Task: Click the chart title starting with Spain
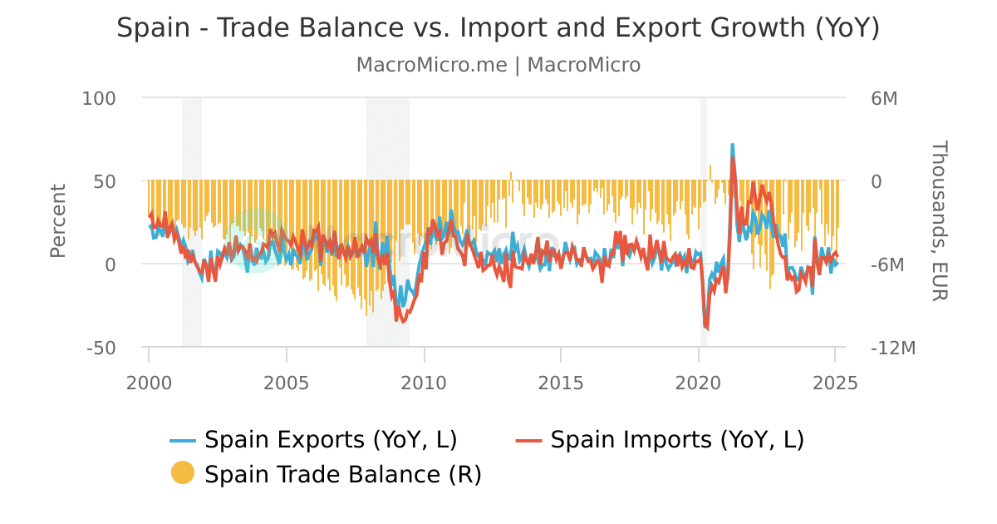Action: pyautogui.click(x=498, y=27)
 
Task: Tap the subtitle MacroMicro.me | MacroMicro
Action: pyautogui.click(x=498, y=65)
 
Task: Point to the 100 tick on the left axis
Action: pyautogui.click(x=99, y=98)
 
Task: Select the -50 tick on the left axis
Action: pyautogui.click(x=101, y=348)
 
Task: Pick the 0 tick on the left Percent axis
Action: pyautogui.click(x=111, y=264)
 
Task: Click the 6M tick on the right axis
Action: pyautogui.click(x=884, y=98)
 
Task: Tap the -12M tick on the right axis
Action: pyautogui.click(x=892, y=348)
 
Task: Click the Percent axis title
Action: pyautogui.click(x=57, y=221)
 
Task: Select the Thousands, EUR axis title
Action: pyautogui.click(x=938, y=221)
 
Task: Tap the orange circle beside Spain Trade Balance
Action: pyautogui.click(x=183, y=473)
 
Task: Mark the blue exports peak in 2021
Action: pyautogui.click(x=732, y=145)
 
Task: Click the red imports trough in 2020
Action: pyautogui.click(x=707, y=329)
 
